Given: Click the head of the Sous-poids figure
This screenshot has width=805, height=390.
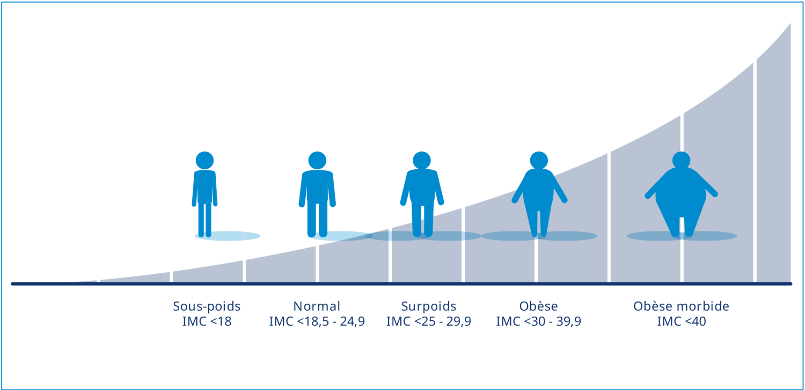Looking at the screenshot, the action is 204,160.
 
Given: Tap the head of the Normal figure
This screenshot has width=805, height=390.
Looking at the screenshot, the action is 317,160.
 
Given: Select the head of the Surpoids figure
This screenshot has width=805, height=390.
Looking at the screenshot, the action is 421,160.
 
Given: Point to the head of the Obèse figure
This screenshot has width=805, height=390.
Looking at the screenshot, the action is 539,160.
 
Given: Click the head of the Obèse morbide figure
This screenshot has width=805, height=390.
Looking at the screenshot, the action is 682,160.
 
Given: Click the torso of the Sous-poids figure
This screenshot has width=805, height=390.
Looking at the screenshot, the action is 204,186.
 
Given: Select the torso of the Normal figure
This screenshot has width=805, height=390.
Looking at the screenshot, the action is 317,186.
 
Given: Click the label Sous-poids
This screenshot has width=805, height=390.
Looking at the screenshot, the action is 207,306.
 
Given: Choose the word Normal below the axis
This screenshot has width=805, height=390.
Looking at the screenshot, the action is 317,306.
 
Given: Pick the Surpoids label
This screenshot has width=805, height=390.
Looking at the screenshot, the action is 429,306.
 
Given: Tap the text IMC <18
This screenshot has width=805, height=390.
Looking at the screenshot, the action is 207,321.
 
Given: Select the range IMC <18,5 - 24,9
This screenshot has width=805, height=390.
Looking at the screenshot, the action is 317,321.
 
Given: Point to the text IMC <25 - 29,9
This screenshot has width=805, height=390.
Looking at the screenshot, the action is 429,321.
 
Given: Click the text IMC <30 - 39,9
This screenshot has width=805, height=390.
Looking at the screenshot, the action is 539,321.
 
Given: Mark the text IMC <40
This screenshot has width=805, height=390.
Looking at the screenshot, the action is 682,321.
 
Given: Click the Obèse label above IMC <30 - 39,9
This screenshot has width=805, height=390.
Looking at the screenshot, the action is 539,306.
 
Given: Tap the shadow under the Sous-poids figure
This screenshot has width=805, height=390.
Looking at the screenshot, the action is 228,236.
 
